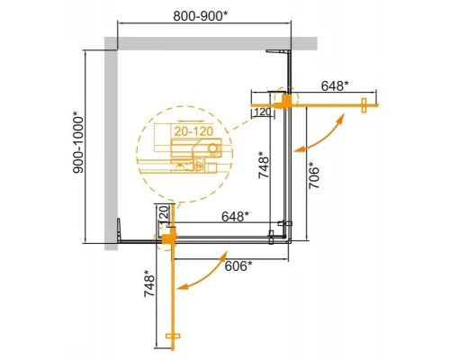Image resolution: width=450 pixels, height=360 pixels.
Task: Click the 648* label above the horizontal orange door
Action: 334,86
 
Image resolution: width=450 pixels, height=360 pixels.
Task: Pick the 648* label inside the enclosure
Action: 236,217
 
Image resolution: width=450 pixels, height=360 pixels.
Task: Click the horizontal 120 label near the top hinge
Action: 262,111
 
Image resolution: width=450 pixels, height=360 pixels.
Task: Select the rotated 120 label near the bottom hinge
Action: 162,217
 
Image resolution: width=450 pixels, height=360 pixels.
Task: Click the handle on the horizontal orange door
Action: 363,104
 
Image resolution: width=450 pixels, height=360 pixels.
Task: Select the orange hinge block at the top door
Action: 287,100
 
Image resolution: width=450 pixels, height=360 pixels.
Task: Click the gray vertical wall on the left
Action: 112,144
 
